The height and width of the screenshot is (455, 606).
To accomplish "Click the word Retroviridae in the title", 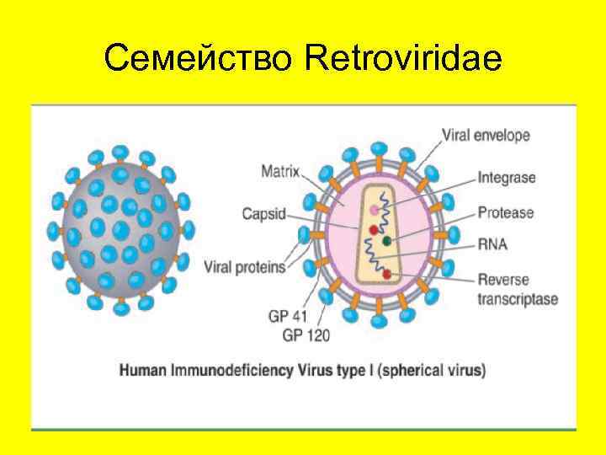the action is [405, 59].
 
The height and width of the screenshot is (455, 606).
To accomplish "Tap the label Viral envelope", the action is [486, 134].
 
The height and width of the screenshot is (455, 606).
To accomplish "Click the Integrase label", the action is [507, 178].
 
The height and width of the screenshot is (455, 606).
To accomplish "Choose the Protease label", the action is [505, 212].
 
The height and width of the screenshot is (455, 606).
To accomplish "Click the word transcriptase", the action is [518, 299].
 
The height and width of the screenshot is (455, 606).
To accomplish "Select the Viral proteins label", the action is [245, 267].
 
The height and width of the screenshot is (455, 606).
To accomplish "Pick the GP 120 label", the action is [306, 335].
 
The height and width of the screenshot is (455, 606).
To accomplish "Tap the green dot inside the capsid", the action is [387, 241].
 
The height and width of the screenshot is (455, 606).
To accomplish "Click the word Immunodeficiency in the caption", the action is [224, 370].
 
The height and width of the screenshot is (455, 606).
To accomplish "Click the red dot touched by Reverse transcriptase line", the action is [386, 275].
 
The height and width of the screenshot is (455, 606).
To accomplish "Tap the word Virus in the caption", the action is [303, 370].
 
